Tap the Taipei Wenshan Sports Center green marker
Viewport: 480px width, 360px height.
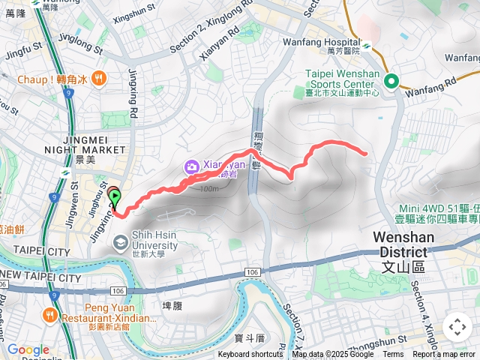391,81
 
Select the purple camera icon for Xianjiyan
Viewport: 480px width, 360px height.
191,166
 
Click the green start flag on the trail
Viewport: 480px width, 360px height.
115,199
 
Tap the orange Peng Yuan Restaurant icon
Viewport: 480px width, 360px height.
50,315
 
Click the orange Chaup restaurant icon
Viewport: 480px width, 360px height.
100,78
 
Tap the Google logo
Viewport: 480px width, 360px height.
28,349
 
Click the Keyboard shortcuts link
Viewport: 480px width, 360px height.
250,355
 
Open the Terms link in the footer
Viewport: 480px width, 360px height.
393,355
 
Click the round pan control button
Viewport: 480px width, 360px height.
457,327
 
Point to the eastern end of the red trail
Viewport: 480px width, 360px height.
365,153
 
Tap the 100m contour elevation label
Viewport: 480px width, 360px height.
210,188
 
